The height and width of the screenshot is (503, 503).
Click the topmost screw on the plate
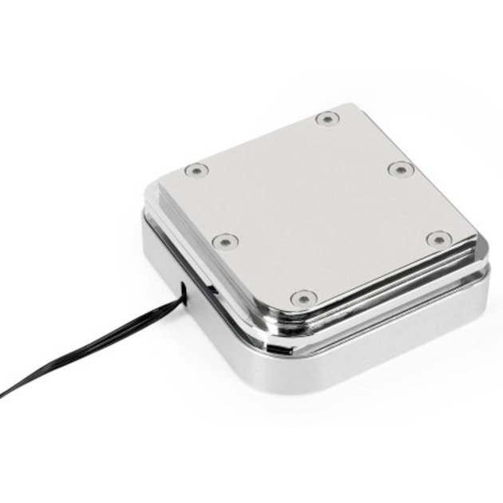coord(327,119)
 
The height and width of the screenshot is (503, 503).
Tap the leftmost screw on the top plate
coord(195,170)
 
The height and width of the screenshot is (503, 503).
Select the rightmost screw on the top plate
coord(438,239)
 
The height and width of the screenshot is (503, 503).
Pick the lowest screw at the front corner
coord(303,299)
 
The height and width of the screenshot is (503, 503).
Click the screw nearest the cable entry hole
coord(226,240)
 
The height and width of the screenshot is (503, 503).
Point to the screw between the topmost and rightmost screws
coord(400,169)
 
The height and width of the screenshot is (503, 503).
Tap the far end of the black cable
coord(4,394)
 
